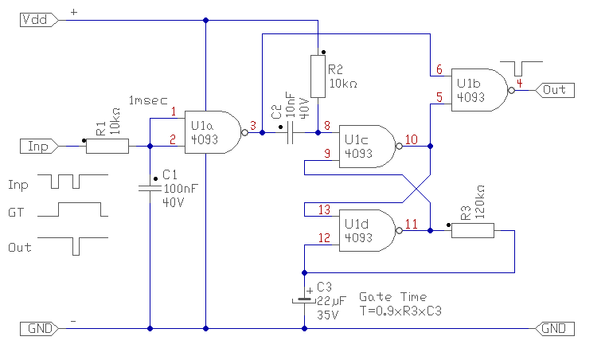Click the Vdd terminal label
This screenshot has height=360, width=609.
point(37,20)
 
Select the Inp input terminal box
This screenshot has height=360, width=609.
point(37,146)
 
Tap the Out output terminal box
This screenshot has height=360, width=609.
point(555,90)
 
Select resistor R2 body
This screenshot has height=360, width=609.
point(318,76)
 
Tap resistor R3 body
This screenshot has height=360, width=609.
point(473,230)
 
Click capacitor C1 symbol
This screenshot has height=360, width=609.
point(150,189)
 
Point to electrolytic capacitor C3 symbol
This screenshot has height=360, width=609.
point(304,300)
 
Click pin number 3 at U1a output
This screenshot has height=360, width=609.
point(252,125)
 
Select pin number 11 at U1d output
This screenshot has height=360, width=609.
point(411,223)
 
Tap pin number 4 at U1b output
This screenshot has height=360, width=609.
point(519,82)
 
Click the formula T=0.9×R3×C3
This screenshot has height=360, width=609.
point(400,311)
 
